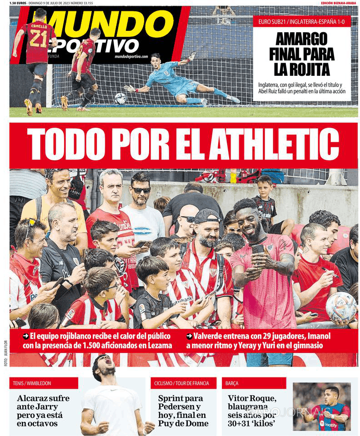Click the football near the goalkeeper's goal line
coord(120,98)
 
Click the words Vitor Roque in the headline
coord(252,398)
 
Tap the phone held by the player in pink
coord(257,249)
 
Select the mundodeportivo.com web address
coord(131,56)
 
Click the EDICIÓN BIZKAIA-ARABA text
coord(338,3)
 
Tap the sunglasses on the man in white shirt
coord(141,190)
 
